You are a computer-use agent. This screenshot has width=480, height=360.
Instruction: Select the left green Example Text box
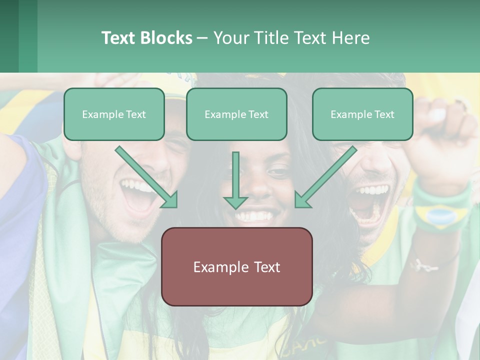tap(114, 114)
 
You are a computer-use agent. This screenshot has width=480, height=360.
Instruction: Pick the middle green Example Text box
tap(236, 114)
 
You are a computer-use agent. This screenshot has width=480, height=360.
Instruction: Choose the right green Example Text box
tap(362, 114)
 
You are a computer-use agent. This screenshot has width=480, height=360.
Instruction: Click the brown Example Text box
tap(236, 266)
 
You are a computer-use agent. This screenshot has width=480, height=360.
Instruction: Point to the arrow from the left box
tap(147, 177)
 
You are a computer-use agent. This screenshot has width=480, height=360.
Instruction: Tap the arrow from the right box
tap(325, 177)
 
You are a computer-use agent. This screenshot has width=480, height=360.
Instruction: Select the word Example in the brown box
tap(214, 267)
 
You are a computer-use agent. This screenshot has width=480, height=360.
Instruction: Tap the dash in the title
tap(202, 38)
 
